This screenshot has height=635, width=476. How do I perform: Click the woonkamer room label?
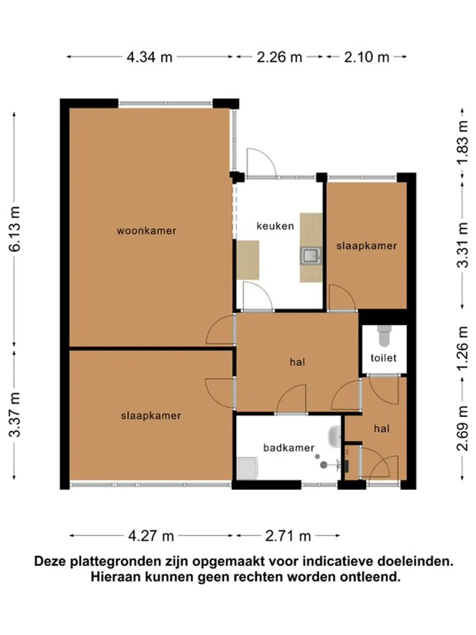146,231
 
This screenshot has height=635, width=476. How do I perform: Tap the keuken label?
275,226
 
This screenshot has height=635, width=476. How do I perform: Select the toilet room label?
384,358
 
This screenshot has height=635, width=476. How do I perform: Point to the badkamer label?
288,448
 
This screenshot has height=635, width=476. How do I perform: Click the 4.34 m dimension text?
150,57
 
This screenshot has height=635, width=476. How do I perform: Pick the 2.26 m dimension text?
280,57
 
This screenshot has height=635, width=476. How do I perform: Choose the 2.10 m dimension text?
367,57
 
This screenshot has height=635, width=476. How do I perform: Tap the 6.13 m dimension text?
15,229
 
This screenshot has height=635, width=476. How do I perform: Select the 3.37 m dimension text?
15,415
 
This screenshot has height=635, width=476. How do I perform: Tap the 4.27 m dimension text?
151,536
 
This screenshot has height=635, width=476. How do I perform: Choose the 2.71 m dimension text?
288,536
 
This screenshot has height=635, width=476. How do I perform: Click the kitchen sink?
311,256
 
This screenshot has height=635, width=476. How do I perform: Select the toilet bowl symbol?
384,336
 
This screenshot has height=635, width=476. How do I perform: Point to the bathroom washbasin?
335,437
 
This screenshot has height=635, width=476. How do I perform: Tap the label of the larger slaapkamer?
151,416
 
